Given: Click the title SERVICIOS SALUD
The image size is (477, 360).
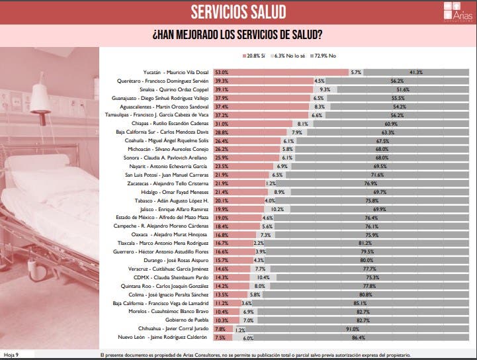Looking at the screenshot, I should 238,12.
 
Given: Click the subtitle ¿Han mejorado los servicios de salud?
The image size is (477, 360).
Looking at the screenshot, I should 238,35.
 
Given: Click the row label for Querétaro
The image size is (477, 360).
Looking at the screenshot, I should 171,80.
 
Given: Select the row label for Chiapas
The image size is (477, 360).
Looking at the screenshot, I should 177,124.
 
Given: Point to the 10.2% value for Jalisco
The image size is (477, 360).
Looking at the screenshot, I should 296,209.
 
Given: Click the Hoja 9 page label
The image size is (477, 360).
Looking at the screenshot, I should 11,355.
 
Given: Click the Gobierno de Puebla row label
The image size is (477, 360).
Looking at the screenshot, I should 187,320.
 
